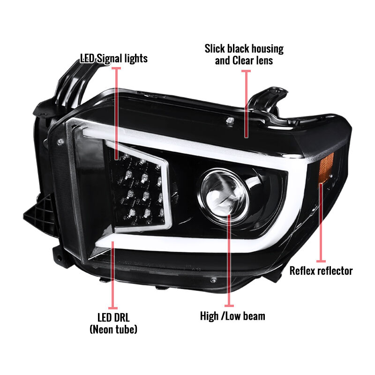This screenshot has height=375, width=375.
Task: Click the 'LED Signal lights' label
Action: click(x=114, y=59)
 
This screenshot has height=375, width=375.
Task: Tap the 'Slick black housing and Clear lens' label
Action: click(x=244, y=54)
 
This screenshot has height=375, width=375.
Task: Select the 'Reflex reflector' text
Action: click(x=321, y=271)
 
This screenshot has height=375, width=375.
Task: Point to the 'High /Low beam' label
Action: click(x=232, y=316)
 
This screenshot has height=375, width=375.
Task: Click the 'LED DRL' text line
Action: click(x=113, y=318)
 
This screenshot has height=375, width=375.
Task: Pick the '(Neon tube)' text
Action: click(x=113, y=330)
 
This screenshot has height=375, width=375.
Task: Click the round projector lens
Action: click(x=223, y=194)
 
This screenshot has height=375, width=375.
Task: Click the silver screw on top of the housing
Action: click(x=230, y=120)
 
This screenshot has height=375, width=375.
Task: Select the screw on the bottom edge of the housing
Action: click(x=213, y=280)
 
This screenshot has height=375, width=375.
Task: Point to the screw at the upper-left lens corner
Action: click(x=60, y=142)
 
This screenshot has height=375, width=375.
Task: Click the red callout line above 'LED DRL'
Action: click(x=113, y=275)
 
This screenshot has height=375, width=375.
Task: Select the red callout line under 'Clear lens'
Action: click(x=246, y=104)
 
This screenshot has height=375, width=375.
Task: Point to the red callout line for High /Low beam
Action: click(x=229, y=261)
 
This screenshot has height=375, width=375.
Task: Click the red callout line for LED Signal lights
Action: click(x=116, y=113)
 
